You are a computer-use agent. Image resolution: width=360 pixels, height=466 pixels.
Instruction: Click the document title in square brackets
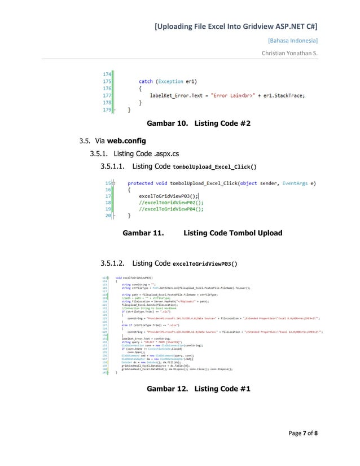point(235,27)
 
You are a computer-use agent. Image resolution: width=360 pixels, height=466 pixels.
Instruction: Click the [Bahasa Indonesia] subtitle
point(292,41)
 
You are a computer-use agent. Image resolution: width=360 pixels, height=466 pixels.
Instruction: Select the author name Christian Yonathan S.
point(289,54)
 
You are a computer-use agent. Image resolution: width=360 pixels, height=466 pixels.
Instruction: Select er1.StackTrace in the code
point(285,96)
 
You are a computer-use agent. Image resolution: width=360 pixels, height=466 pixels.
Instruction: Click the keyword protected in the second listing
point(141,183)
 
